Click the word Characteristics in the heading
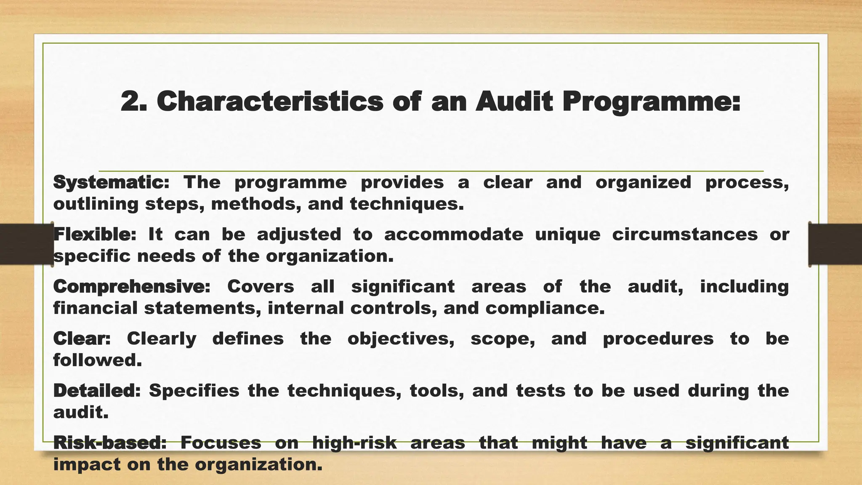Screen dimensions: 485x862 pos(270,102)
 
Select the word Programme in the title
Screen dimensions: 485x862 pos(651,103)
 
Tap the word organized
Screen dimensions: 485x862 pos(643,182)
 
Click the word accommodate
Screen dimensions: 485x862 pos(454,235)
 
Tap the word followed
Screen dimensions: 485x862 pos(97,360)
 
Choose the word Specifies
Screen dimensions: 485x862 pos(194,391)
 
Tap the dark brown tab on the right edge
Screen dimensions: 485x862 pos(835,244)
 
